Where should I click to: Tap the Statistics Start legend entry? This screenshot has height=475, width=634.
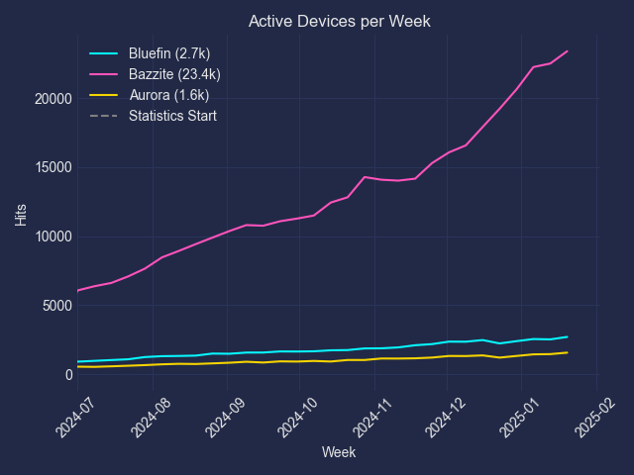pos(172,116)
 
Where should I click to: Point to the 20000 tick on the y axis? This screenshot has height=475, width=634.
pos(51,99)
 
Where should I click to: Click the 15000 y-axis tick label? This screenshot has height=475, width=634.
pos(51,167)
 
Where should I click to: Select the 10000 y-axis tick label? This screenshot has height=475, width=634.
pos(51,237)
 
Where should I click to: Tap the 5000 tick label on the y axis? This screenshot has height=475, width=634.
pos(54,306)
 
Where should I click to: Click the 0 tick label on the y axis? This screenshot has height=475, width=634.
pos(67,375)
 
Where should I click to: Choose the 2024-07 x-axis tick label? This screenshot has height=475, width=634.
pos(67,415)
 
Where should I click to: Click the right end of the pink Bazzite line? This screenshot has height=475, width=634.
pos(568,51)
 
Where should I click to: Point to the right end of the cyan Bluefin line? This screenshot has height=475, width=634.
pos(568,336)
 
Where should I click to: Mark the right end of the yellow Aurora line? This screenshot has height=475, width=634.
pos(568,352)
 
